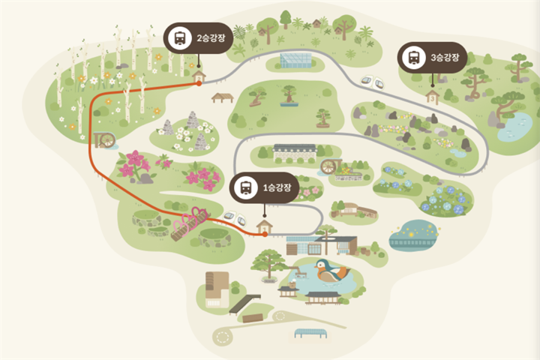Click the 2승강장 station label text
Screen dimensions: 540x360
pos(211,38)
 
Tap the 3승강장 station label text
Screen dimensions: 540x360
pos(445,57)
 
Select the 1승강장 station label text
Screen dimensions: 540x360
pos(277,187)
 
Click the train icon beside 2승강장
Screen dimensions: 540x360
pos(180,38)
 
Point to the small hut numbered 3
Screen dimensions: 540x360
pos(432,97)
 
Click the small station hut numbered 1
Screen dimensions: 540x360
pos(265,227)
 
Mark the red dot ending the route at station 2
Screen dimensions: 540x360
pos(199,83)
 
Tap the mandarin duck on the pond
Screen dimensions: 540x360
pos(331,270)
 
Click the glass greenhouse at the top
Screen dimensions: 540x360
pos(295,61)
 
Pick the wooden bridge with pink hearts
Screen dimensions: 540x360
pos(190,224)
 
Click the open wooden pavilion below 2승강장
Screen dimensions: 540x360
pos(223,97)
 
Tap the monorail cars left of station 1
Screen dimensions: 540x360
pos(235,218)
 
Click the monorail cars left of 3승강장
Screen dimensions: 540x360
pos(372,82)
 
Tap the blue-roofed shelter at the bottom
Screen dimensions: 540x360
pos(310,333)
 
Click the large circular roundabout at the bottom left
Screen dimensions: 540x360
pos(222,336)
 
